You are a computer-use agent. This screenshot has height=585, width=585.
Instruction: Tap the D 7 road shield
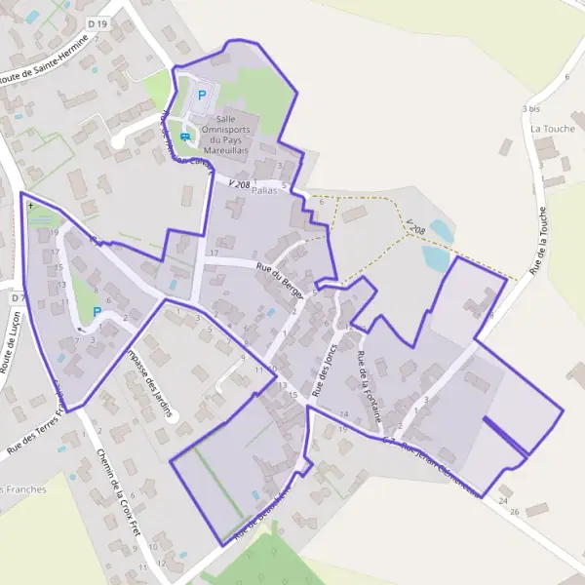click(x=16, y=296)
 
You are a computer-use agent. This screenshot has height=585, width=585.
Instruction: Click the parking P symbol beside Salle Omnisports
click(x=203, y=96)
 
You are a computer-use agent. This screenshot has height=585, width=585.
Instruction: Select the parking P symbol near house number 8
click(x=97, y=312)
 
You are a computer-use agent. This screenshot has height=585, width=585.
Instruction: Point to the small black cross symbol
click(x=31, y=206)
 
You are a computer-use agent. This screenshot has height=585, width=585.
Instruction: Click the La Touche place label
click(x=548, y=128)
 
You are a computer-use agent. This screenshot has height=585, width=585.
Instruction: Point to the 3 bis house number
click(x=530, y=108)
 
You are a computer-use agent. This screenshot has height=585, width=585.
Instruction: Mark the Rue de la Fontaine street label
click(x=369, y=385)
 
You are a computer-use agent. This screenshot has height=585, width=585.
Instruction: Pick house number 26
click(x=515, y=511)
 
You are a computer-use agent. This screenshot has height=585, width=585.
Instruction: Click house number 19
click(x=57, y=233)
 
